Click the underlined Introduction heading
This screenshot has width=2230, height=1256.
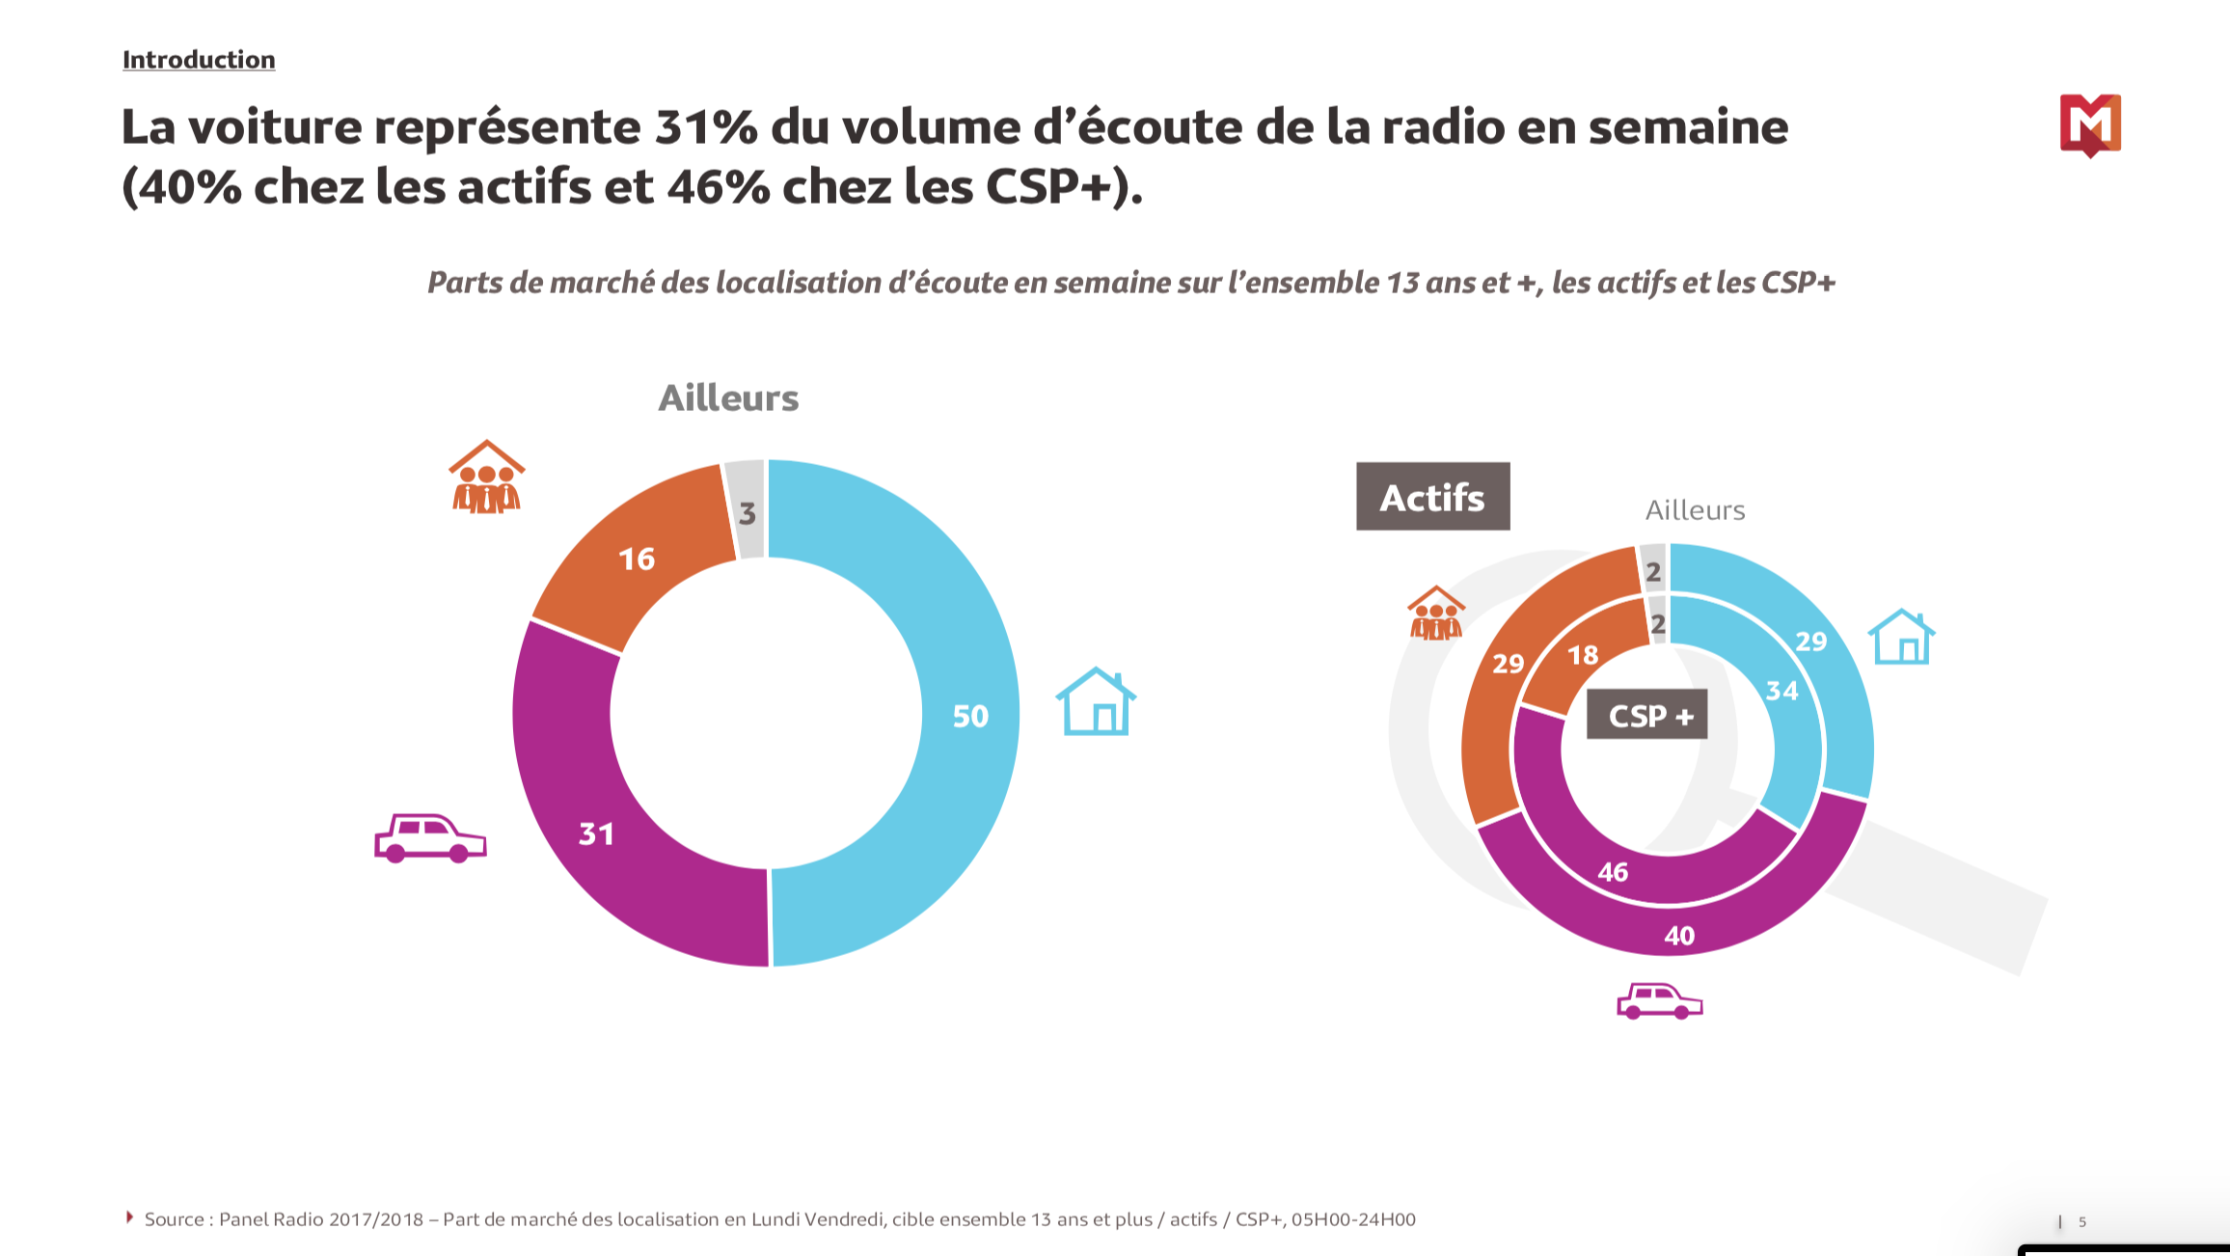pyautogui.click(x=199, y=60)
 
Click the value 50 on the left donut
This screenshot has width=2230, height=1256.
pyautogui.click(x=970, y=716)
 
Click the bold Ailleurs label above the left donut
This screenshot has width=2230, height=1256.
pyautogui.click(x=728, y=397)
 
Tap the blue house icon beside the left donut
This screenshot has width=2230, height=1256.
pyautogui.click(x=1097, y=702)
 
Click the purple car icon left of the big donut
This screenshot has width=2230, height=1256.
pyautogui.click(x=430, y=837)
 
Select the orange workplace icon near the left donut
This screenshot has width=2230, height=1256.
pyautogui.click(x=487, y=478)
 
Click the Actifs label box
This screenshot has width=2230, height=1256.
pyautogui.click(x=1432, y=497)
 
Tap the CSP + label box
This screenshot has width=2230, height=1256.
pyautogui.click(x=1647, y=715)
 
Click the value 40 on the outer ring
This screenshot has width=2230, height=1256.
pyautogui.click(x=1679, y=935)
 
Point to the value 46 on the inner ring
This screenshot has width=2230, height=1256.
pyautogui.click(x=1613, y=872)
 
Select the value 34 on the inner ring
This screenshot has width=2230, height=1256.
pyautogui.click(x=1781, y=691)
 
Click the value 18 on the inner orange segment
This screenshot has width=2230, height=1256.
pyautogui.click(x=1583, y=655)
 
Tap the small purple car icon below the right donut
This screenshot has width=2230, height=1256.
pyautogui.click(x=1660, y=1001)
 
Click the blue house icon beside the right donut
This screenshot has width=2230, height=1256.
pyautogui.click(x=1901, y=638)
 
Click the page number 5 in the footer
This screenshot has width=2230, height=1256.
pyautogui.click(x=2082, y=1221)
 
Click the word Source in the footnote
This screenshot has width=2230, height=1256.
pyautogui.click(x=174, y=1219)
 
